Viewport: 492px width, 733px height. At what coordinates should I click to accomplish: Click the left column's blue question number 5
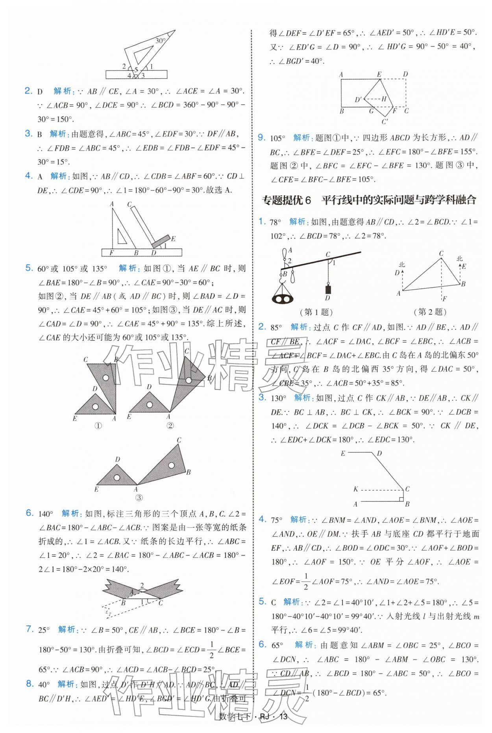tap(29, 268)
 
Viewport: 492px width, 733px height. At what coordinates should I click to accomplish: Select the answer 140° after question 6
tap(46, 513)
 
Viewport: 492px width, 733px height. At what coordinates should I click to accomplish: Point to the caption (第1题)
tap(316, 312)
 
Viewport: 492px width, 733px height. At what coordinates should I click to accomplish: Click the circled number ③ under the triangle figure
tap(139, 498)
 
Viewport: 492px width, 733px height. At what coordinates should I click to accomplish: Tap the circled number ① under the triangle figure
tap(98, 425)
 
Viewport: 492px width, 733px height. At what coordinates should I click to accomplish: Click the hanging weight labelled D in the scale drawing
tap(327, 290)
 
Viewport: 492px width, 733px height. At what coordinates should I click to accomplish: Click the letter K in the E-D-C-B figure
tap(356, 489)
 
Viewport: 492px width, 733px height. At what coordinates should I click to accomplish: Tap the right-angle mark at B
tap(401, 499)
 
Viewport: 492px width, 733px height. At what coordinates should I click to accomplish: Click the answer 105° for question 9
tap(277, 138)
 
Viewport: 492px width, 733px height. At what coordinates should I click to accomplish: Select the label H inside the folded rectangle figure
tap(384, 99)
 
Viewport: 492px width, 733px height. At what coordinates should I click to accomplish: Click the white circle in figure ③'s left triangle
tap(117, 477)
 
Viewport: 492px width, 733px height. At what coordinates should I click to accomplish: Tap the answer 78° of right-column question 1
tap(275, 222)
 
